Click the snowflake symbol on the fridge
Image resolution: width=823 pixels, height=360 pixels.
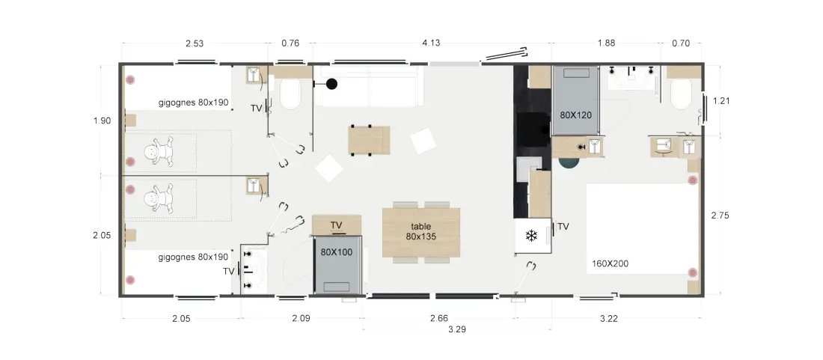pyautogui.click(x=532, y=236)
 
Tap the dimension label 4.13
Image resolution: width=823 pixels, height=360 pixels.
pyautogui.click(x=431, y=43)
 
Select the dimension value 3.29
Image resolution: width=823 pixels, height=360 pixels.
pyautogui.click(x=457, y=329)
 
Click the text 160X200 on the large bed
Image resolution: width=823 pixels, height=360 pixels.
pyautogui.click(x=610, y=263)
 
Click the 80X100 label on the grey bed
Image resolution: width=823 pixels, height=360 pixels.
pyautogui.click(x=337, y=252)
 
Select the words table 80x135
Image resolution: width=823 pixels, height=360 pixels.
pyautogui.click(x=421, y=231)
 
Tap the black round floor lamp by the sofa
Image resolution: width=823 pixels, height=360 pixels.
pyautogui.click(x=331, y=83)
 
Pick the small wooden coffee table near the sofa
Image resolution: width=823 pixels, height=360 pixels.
pyautogui.click(x=370, y=140)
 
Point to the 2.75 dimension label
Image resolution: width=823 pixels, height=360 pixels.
pyautogui.click(x=720, y=215)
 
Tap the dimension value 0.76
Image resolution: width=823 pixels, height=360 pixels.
pyautogui.click(x=290, y=43)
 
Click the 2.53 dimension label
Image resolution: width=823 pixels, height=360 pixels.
pyautogui.click(x=195, y=43)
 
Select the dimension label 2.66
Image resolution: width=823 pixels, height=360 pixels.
pyautogui.click(x=439, y=318)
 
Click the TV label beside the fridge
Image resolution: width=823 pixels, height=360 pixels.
pyautogui.click(x=563, y=226)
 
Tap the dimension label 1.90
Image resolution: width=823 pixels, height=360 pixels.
pyautogui.click(x=102, y=120)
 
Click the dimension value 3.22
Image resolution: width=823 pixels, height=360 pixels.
pyautogui.click(x=609, y=318)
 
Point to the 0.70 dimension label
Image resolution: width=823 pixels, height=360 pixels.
pyautogui.click(x=681, y=43)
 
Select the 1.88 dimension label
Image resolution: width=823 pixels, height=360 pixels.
pyautogui.click(x=606, y=43)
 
